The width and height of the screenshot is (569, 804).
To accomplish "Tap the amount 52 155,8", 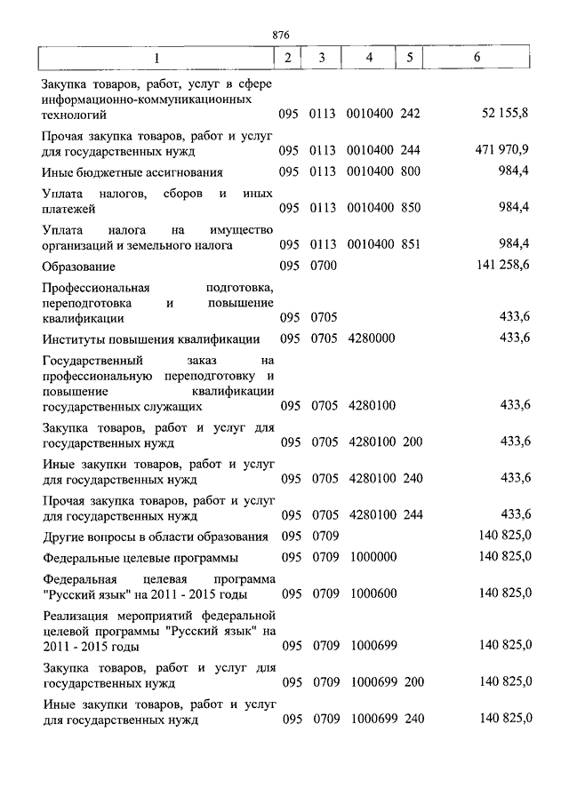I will coord(505,114).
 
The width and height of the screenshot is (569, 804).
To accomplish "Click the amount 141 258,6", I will coord(503,265).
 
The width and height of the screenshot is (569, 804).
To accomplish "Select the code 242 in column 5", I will coord(410,114).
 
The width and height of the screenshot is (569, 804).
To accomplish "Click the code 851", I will coord(410,243).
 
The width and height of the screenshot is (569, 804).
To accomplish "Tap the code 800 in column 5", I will coord(410,171).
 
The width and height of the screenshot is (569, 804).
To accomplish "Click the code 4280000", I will coord(373,338).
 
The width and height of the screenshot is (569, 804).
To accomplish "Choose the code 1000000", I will coord(373,558).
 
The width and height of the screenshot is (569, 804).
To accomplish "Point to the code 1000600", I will coord(373,593).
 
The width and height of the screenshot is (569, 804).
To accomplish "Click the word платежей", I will coord(69,209).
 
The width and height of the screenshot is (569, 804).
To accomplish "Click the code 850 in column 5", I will coord(410,208).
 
